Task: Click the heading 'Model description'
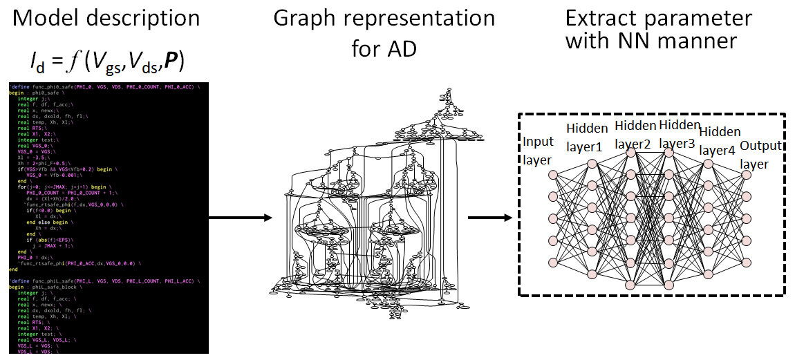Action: click(106, 18)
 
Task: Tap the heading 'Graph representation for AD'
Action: click(384, 31)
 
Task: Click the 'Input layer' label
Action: click(538, 151)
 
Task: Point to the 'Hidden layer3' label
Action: click(680, 135)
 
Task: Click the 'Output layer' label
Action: click(760, 155)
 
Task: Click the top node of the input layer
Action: click(552, 176)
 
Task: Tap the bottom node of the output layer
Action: click(746, 262)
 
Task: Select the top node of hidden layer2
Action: click(630, 153)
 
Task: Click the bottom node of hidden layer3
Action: click(668, 283)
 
